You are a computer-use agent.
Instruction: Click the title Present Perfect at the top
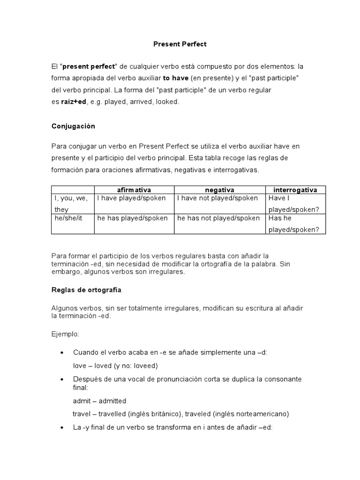(x=180, y=44)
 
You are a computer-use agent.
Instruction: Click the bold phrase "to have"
(x=175, y=78)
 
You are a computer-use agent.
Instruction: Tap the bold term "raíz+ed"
(x=74, y=101)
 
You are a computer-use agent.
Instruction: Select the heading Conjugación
(x=73, y=126)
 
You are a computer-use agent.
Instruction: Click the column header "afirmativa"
(x=134, y=190)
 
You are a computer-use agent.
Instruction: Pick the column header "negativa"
(x=219, y=190)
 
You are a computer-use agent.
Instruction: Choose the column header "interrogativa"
(x=295, y=190)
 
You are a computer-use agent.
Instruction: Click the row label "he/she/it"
(x=67, y=218)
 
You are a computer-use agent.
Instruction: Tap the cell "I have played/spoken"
(x=131, y=198)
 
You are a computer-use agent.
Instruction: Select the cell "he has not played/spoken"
(x=218, y=218)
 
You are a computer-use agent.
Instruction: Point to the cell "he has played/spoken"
(x=132, y=218)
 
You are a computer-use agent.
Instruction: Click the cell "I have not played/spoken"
(x=217, y=198)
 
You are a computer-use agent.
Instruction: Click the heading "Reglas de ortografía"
(x=86, y=290)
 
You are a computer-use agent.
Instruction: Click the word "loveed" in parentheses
(x=144, y=365)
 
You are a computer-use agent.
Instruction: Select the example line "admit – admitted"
(x=99, y=401)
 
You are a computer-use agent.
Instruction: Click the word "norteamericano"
(x=263, y=414)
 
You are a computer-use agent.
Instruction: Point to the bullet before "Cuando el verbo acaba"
(x=63, y=352)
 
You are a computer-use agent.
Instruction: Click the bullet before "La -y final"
(x=63, y=427)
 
